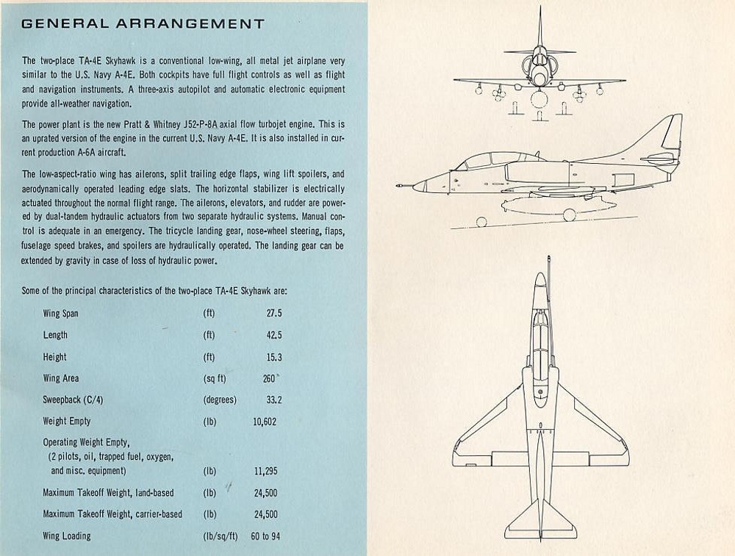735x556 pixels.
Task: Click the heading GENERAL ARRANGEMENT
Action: (x=143, y=24)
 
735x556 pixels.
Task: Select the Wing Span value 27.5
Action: (x=273, y=314)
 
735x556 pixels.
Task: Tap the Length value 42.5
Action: (x=273, y=335)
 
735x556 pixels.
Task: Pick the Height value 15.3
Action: (x=273, y=357)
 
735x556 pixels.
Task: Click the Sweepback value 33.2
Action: (x=273, y=400)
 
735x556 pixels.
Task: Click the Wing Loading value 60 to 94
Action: (x=265, y=536)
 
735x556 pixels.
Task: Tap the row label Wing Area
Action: (x=61, y=378)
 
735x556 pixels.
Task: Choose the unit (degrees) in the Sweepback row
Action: (x=220, y=400)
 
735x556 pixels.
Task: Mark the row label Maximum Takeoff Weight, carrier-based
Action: (x=112, y=514)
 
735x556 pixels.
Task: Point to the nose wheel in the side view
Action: (x=481, y=220)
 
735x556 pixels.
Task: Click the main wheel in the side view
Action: (x=569, y=214)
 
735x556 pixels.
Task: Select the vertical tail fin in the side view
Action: (x=665, y=136)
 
